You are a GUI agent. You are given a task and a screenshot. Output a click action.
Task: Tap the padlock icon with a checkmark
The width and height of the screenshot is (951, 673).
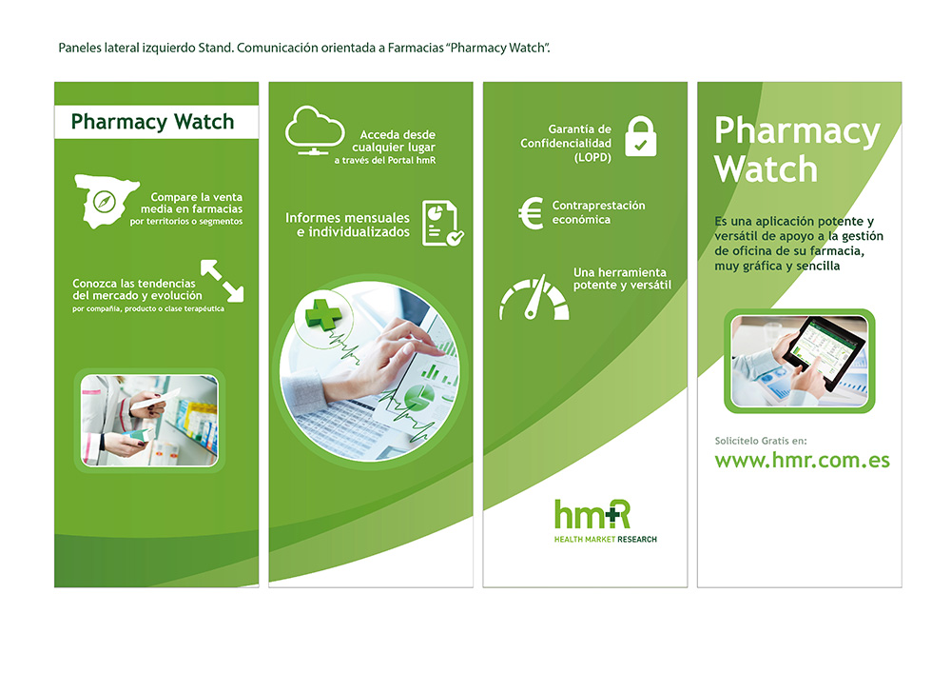(640, 136)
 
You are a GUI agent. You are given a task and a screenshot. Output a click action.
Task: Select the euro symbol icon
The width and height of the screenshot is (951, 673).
(531, 213)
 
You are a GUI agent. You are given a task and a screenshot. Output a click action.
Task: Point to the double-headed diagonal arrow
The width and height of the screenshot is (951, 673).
(222, 281)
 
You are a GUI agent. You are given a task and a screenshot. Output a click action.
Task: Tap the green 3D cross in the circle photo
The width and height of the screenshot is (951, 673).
(323, 313)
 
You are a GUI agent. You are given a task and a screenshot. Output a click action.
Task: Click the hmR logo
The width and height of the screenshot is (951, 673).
(592, 514)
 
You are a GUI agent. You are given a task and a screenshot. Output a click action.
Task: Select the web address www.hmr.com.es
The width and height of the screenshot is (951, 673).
(802, 460)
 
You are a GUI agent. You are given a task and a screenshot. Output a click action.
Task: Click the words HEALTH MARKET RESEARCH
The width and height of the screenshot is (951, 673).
(605, 539)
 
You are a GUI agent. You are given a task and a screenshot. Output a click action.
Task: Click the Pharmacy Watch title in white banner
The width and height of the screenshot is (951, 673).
(152, 122)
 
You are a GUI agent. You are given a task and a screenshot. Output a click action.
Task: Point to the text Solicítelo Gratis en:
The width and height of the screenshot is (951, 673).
(761, 441)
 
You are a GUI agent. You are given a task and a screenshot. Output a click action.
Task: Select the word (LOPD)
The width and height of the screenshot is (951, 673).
(592, 157)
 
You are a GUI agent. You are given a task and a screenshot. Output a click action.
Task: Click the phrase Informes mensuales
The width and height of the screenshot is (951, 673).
(347, 217)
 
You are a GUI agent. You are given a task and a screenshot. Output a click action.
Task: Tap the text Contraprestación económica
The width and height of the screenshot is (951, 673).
(598, 212)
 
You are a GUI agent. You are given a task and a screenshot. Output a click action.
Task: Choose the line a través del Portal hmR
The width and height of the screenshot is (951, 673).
(385, 160)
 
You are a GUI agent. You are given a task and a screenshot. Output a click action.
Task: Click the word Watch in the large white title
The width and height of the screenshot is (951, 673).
(766, 168)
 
